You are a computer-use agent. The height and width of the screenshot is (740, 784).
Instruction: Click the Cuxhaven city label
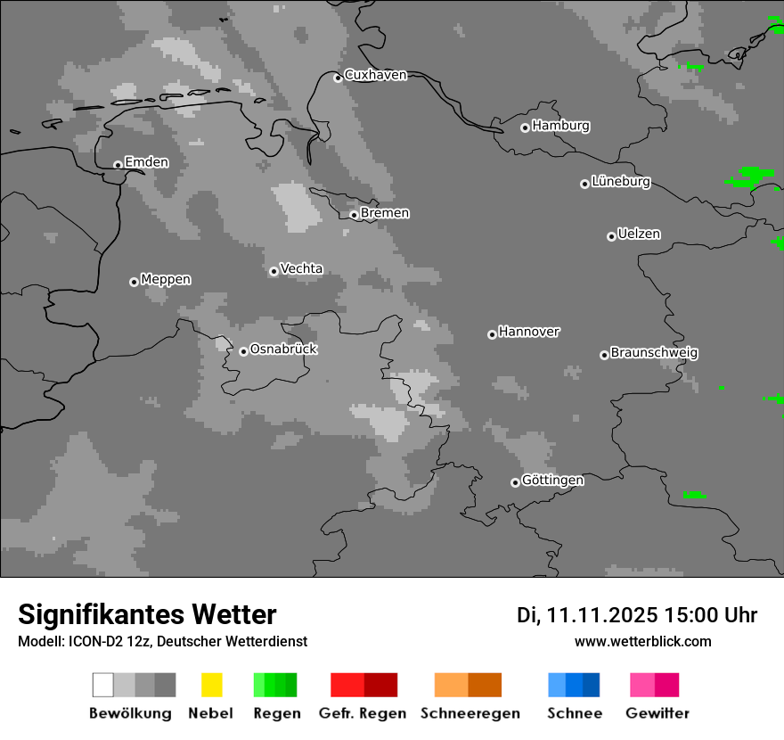coord(375,75)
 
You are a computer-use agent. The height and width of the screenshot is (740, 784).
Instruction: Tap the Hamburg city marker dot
coord(525,127)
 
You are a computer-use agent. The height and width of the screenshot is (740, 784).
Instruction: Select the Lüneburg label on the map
coord(621,182)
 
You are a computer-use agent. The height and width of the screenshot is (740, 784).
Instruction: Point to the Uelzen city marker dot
coord(611,236)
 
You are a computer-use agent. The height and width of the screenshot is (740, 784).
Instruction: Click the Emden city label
coord(146,162)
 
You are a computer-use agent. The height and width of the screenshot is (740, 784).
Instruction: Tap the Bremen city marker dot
coord(354,215)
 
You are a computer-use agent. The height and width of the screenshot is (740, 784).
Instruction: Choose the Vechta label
coord(301,268)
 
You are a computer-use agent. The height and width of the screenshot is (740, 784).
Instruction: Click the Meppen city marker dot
coord(134,282)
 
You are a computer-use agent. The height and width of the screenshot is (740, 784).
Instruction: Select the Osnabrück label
coord(283,349)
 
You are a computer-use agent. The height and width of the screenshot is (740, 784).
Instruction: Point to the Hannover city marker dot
coord(492,334)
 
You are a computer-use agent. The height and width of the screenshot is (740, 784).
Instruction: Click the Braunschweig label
coord(654,353)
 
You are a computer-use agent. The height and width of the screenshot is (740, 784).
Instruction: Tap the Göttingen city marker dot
coord(515,482)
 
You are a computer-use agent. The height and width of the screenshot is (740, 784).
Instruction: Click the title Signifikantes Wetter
coord(147,615)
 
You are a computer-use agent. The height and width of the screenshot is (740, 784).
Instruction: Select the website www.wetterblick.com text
coord(643,641)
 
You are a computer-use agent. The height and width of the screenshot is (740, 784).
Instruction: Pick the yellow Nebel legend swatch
coord(211,685)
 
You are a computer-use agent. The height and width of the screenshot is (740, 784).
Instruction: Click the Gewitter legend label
coord(657,713)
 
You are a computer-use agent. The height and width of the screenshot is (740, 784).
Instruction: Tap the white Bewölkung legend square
coord(103,685)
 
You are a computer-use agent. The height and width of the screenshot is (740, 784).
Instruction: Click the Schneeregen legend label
coord(470,713)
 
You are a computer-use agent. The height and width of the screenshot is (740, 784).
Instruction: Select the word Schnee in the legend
coord(575,713)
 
